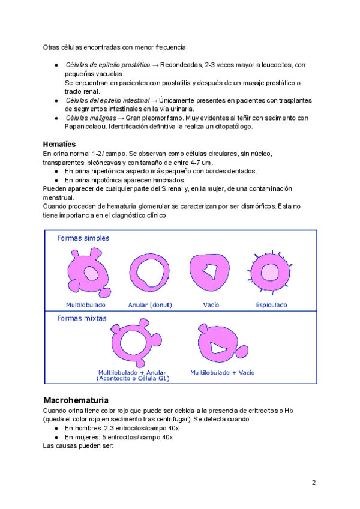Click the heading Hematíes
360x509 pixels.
pos(59,145)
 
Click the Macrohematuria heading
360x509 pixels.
pos(76,400)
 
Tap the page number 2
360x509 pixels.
pos(313,482)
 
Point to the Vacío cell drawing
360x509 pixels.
pos(209,272)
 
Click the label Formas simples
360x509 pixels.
pos(83,238)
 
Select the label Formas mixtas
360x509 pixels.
pos(82,318)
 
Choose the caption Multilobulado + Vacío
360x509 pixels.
pos(223,372)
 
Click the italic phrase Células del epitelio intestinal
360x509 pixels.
pos(107,100)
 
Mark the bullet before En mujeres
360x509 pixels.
pos(56,437)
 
